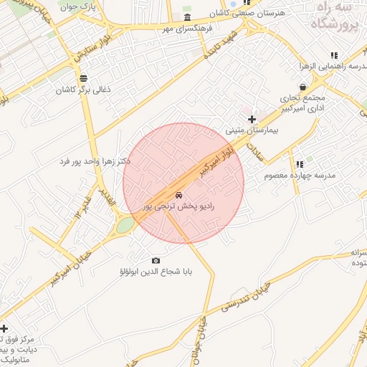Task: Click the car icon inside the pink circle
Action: click(178, 194)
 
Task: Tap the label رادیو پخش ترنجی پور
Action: click(178, 206)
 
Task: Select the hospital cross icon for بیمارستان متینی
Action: click(251, 118)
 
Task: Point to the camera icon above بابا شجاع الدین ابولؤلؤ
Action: click(156, 260)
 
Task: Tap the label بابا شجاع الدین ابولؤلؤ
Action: click(156, 272)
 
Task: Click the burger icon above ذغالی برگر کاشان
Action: click(84, 78)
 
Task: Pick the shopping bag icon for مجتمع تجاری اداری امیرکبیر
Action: click(303, 87)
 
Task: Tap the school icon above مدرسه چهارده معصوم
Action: click(300, 164)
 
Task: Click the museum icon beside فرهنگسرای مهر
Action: click(187, 18)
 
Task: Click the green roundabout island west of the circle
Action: click(125, 225)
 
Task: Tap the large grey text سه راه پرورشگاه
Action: click(334, 16)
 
